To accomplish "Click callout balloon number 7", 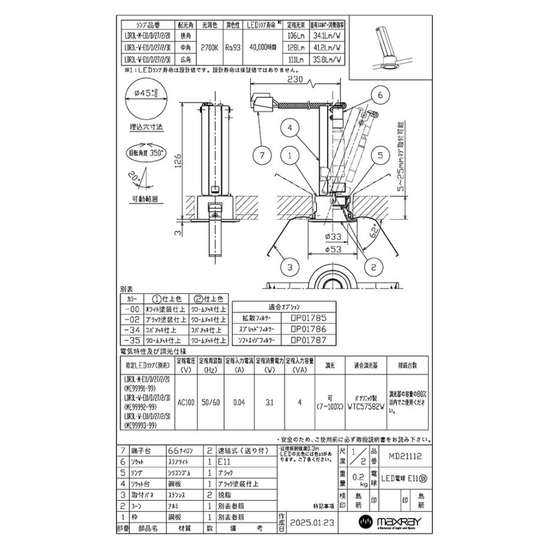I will pyautogui.click(x=262, y=156).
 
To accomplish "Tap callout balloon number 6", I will pyautogui.click(x=379, y=96).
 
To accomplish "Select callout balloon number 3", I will pyautogui.click(x=291, y=267).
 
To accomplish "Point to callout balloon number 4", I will pyautogui.click(x=292, y=128).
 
